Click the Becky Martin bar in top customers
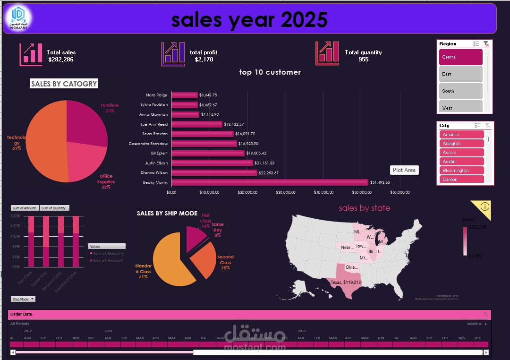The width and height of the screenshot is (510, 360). pos(269,182)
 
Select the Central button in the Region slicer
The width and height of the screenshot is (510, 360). pos(460,57)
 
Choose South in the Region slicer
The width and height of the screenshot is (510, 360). pos(460,91)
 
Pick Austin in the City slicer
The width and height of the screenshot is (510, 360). pos(461,162)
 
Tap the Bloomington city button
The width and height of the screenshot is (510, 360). pos(461,171)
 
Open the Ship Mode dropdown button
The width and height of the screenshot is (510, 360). pos(23,299)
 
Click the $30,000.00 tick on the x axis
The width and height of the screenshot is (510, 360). pos(286,192)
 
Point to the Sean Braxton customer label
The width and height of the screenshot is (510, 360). pos(155,134)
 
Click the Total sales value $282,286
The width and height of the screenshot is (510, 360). pos(61,60)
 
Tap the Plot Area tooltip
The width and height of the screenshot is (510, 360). pos(404,170)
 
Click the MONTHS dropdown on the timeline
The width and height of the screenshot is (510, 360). pos(476,324)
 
